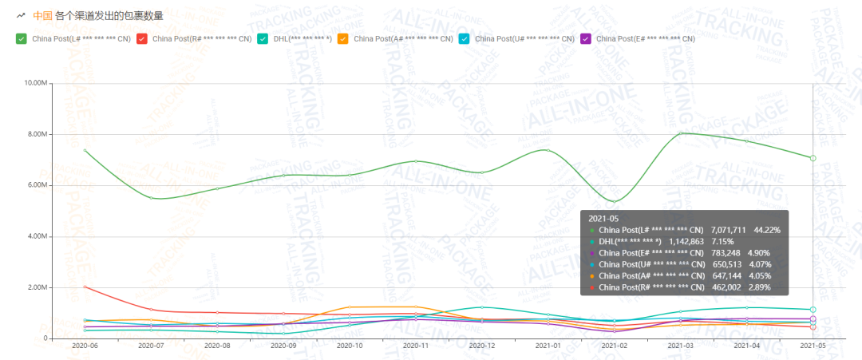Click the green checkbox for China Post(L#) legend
point(22,38)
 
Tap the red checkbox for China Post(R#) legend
point(142,38)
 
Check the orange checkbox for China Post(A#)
point(343,38)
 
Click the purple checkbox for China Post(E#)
point(586,38)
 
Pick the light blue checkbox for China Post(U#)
point(465,38)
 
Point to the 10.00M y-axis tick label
point(36,83)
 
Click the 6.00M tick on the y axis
point(38,185)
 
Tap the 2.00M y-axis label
point(38,287)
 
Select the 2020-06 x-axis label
point(84,346)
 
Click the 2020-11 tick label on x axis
point(415,346)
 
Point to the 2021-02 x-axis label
point(614,346)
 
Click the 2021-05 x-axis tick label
point(813,346)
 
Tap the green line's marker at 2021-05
point(813,158)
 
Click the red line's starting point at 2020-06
point(85,287)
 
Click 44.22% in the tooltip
point(764,230)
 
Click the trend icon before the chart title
point(21,15)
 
